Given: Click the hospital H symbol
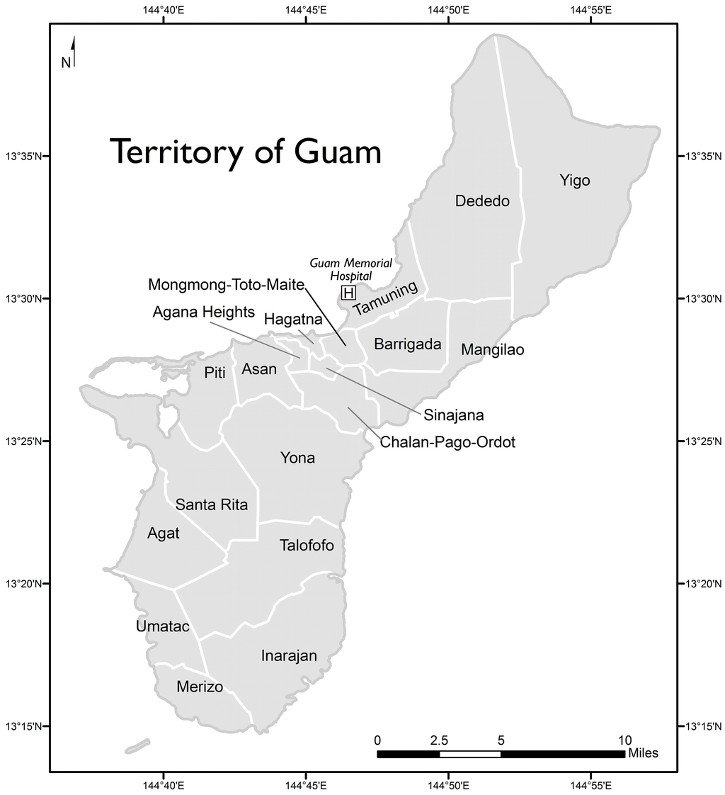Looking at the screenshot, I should click(x=348, y=293).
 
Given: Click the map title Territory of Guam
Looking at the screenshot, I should click(x=245, y=152).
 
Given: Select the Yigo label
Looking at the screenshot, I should click(x=574, y=181).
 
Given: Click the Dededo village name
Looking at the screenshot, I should click(x=482, y=201).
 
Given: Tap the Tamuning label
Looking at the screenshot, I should click(x=386, y=300).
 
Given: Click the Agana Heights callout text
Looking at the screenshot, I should click(x=203, y=312).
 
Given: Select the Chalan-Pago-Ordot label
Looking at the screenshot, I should click(x=447, y=442).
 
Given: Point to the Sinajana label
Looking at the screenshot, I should click(x=453, y=415).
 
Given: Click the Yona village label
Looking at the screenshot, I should click(x=297, y=458).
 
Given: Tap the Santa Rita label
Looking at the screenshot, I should click(x=212, y=505).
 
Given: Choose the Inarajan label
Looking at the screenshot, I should click(x=289, y=655).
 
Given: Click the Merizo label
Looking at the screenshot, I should click(x=200, y=687).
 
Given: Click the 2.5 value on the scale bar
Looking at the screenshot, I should click(x=439, y=740).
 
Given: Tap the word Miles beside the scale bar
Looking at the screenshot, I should click(x=643, y=753).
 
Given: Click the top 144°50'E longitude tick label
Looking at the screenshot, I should click(x=448, y=10).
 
